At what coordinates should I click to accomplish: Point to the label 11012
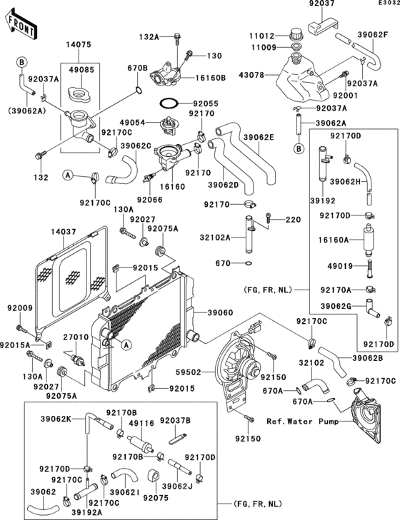tap(261, 34)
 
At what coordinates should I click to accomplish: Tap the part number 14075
tap(79, 43)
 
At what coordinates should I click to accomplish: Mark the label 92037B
tap(176, 421)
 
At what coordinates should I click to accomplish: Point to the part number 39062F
tap(373, 34)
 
